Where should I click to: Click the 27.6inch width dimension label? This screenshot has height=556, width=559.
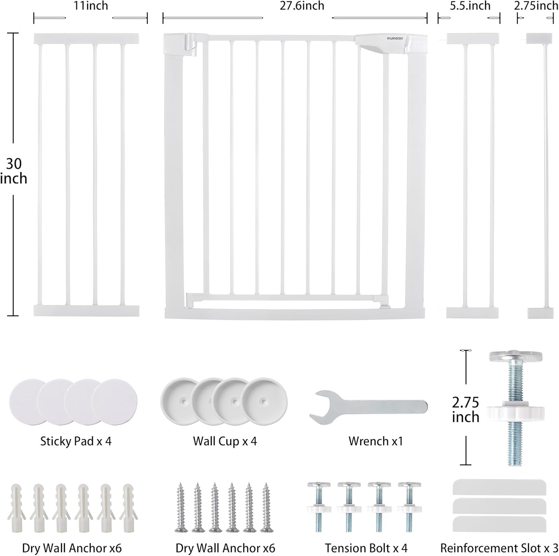(x=302, y=6)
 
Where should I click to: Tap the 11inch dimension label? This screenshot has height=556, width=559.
(x=91, y=6)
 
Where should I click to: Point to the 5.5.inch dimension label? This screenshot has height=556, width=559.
(x=470, y=6)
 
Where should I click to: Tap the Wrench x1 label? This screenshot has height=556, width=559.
(x=376, y=441)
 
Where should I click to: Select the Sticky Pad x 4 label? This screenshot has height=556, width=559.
(x=76, y=441)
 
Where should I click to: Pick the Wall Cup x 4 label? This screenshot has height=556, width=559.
(x=225, y=441)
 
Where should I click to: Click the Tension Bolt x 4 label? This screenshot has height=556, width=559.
(x=366, y=548)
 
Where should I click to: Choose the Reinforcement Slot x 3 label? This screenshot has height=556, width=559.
(x=499, y=548)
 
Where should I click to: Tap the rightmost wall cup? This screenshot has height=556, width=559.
(x=263, y=402)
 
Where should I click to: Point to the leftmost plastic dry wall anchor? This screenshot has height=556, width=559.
(x=17, y=507)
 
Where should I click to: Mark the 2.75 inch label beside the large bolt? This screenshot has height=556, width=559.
(x=465, y=409)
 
